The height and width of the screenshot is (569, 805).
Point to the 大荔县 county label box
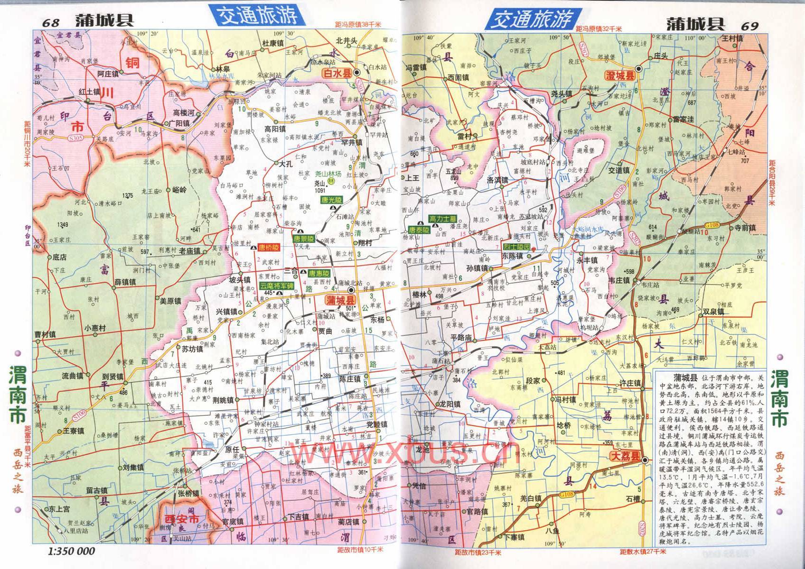[625, 459]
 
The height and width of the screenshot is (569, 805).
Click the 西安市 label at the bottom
[182, 519]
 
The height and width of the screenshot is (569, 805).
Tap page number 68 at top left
[51, 23]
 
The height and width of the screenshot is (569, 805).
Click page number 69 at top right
[750, 26]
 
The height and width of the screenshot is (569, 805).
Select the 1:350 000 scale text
[71, 551]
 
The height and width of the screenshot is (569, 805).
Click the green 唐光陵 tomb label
[331, 201]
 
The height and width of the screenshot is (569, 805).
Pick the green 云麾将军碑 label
[276, 286]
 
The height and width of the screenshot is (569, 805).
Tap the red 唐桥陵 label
[269, 248]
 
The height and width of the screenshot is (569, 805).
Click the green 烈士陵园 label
[516, 248]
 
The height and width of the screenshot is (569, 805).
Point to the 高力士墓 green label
[442, 219]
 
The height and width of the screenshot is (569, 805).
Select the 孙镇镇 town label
[476, 268]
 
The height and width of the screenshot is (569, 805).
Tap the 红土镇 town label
[90, 92]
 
